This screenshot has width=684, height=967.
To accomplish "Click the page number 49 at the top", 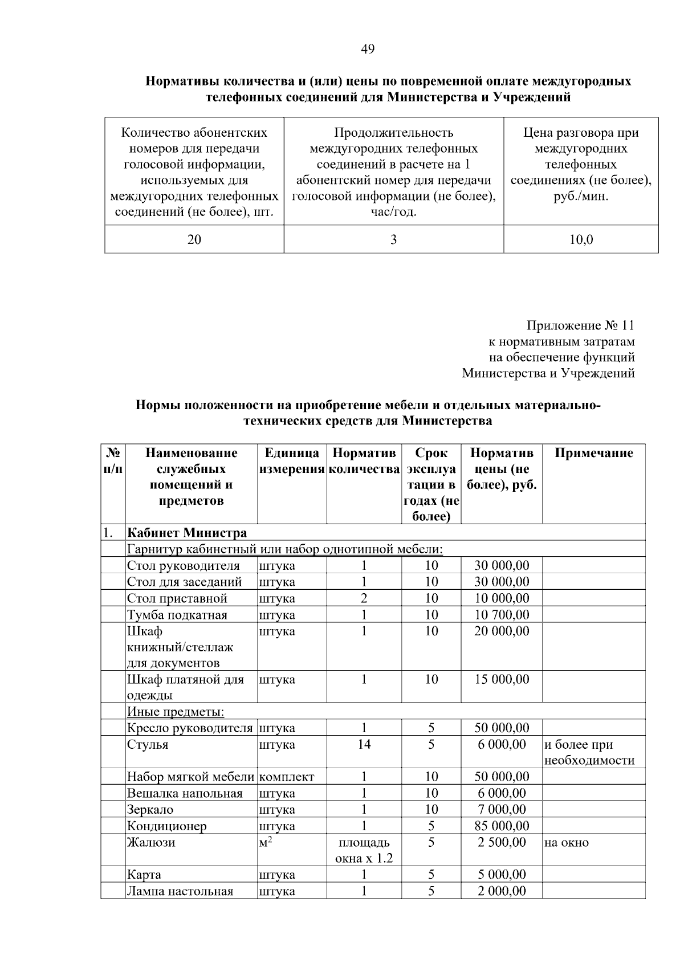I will click(x=368, y=50).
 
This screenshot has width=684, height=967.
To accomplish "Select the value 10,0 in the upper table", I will click(x=581, y=240).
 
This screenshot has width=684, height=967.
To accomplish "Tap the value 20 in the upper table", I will click(x=194, y=240).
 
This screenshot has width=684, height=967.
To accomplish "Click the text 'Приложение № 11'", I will click(x=580, y=326).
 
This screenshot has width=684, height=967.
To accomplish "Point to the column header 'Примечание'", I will click(x=593, y=454).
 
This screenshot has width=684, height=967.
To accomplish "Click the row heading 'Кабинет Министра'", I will click(x=187, y=533).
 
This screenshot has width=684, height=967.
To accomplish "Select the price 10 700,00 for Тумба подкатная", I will click(x=501, y=615).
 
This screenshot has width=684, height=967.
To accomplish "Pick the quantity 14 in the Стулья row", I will click(x=364, y=745).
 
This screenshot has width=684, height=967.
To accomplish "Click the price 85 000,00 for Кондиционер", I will click(x=501, y=826).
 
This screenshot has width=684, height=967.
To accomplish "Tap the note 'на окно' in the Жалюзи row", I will click(x=566, y=843).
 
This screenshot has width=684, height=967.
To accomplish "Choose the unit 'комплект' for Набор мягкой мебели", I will click(x=286, y=777).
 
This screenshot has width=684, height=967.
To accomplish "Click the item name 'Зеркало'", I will click(x=150, y=810).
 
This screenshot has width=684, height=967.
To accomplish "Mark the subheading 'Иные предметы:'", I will click(x=176, y=712).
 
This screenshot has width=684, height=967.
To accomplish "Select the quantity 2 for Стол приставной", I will click(x=364, y=598).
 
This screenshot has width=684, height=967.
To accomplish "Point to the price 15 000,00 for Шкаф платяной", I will click(x=501, y=680).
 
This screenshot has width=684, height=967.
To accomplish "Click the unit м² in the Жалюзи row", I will click(x=265, y=843).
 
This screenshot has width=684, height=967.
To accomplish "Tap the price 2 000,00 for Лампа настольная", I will click(x=501, y=891).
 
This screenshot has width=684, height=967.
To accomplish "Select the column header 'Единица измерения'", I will click(x=292, y=462).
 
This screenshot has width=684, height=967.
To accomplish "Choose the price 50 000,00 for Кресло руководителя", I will click(x=501, y=728).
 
